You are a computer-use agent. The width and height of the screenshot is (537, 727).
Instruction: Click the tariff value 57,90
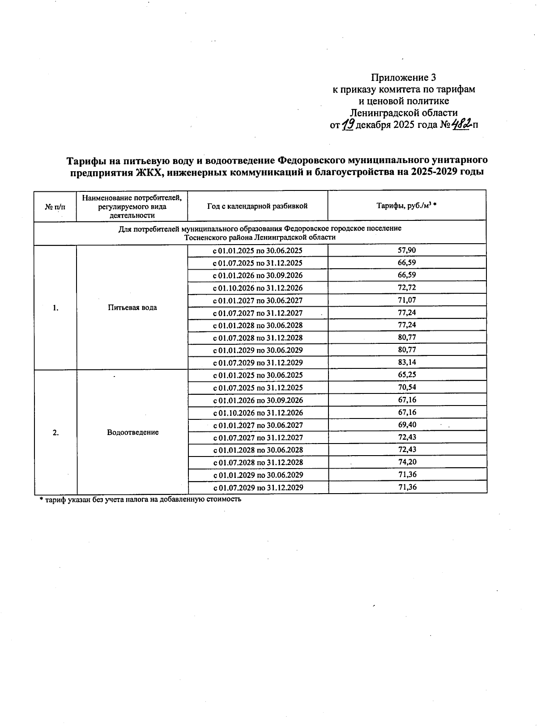tap(407, 250)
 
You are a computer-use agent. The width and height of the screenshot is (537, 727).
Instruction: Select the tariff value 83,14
tap(407, 362)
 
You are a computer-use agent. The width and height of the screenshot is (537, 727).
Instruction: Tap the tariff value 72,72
tap(407, 287)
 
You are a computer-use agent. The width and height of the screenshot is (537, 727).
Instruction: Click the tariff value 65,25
tap(407, 375)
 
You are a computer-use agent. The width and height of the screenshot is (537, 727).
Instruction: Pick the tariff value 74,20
tap(407, 462)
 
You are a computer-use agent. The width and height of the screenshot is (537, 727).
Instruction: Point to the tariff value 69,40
tap(407, 425)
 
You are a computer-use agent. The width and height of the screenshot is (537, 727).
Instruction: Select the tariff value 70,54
tap(407, 387)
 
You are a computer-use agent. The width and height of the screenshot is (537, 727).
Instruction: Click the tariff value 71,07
tap(407, 300)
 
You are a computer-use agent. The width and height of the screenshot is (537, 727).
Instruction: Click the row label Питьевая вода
tap(132, 308)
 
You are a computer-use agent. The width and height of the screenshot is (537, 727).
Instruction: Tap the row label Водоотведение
tap(132, 432)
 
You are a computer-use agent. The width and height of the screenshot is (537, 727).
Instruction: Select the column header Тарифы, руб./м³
tap(406, 206)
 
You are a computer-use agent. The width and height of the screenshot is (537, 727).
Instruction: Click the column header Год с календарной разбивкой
tap(257, 206)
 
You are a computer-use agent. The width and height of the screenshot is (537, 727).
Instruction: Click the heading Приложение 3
tap(403, 77)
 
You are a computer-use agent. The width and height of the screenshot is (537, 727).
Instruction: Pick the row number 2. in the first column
tap(55, 432)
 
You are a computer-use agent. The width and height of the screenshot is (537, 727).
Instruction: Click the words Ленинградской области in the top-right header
tap(403, 113)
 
